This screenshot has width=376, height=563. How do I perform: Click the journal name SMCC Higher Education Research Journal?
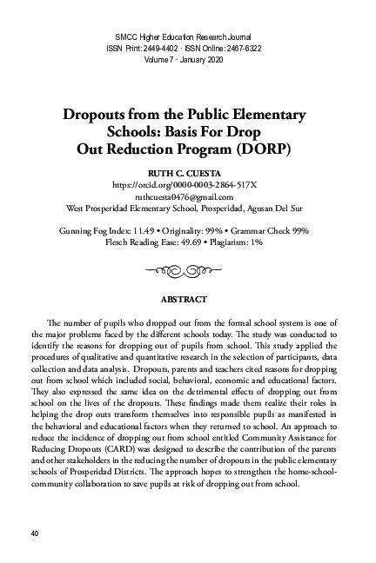point(188,34)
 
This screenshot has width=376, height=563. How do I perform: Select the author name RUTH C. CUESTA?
point(188,174)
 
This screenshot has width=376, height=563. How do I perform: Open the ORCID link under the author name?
point(188,186)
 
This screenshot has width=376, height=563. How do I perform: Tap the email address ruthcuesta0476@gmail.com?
point(188,197)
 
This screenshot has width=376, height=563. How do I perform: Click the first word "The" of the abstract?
point(49,326)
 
